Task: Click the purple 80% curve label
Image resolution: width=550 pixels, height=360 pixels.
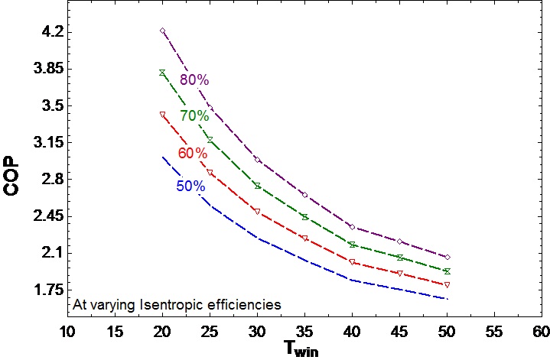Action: [194, 80]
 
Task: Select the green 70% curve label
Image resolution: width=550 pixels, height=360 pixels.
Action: [194, 116]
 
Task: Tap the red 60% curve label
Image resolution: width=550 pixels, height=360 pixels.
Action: [193, 153]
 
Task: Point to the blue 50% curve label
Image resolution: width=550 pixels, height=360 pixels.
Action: [190, 186]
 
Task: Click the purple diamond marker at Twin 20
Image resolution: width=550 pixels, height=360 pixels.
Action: [163, 31]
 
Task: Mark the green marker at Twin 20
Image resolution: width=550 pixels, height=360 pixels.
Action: [163, 73]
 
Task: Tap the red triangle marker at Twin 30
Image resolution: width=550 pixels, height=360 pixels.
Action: [257, 211]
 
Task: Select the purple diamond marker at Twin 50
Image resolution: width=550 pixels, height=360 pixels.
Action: [447, 257]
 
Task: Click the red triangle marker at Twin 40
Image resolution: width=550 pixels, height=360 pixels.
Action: [352, 262]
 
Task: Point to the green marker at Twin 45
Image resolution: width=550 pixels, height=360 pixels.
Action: [399, 258]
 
